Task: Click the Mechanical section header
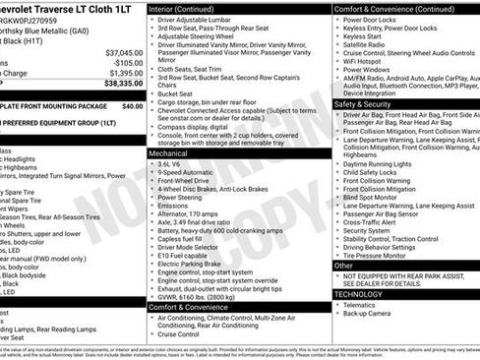click(x=170, y=153)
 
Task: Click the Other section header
click(x=343, y=265)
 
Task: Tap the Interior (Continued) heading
click(x=190, y=8)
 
